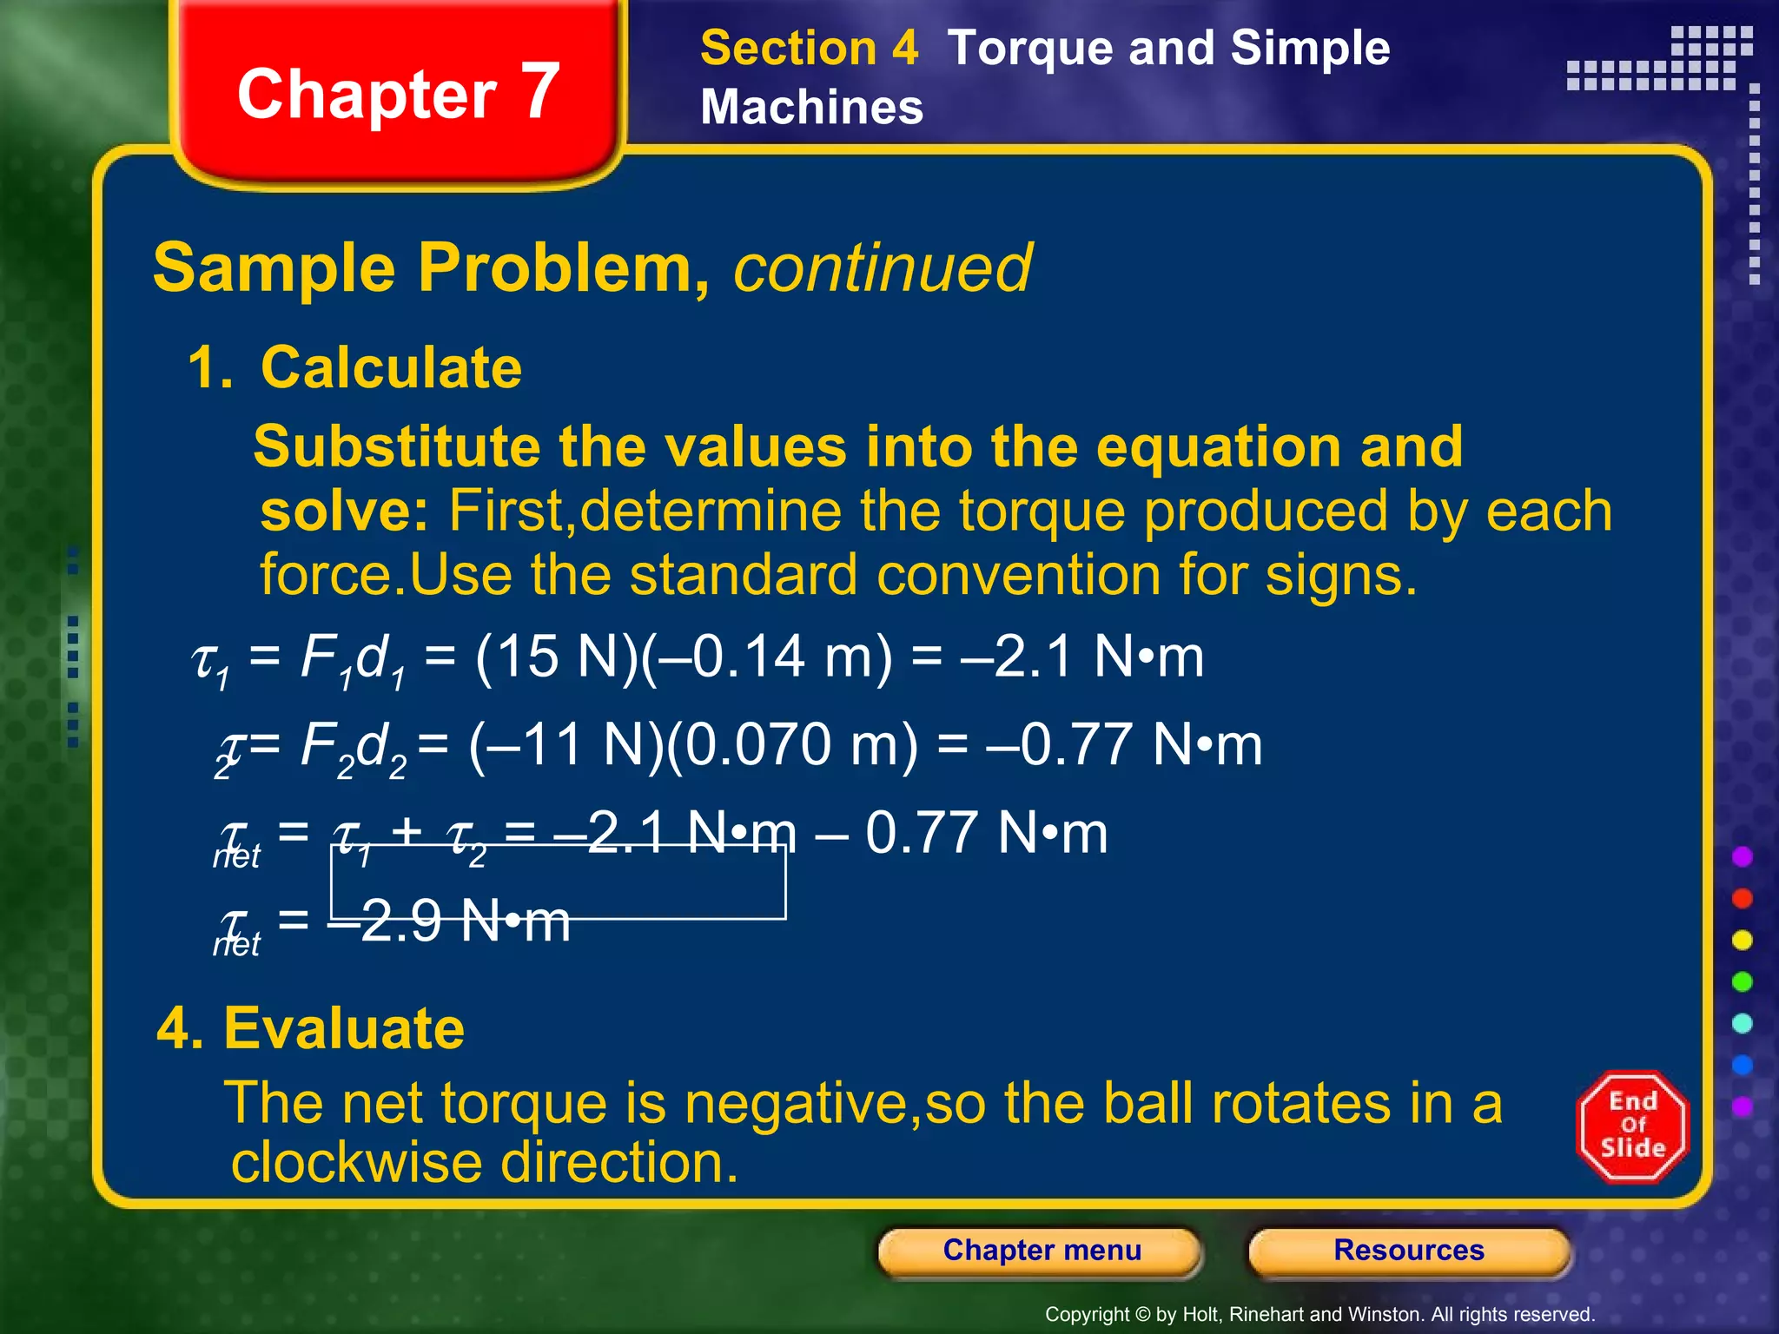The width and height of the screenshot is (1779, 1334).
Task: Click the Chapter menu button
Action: pos(1041,1251)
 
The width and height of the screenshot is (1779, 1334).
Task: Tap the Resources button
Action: pos(1408,1251)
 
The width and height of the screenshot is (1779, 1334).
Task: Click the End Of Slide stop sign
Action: pos(1632,1126)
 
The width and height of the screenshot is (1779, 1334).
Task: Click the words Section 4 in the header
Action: pos(809,48)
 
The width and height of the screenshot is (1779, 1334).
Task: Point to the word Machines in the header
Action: pos(811,108)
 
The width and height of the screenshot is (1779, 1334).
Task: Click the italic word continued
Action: pos(883,268)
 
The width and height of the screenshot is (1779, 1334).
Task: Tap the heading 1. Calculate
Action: pos(354,367)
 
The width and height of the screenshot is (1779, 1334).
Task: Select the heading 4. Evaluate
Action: pos(310,1028)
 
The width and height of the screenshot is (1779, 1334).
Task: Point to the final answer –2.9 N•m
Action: pos(449,921)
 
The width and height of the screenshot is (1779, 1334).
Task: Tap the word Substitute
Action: pos(397,447)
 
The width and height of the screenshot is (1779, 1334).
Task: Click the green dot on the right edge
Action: pos(1742,982)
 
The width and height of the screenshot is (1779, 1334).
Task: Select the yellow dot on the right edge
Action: pos(1742,941)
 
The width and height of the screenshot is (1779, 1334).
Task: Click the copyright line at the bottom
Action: pos(1319,1314)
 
